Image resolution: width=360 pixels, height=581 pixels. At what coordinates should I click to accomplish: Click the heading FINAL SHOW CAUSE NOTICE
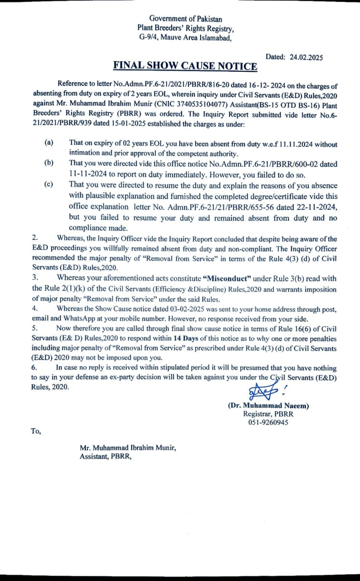point(185,66)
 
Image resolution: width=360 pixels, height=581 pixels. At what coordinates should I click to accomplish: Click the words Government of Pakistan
point(186,19)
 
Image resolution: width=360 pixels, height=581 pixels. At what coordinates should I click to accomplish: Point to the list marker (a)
point(49,143)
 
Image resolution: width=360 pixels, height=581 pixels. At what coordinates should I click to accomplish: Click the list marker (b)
point(49,162)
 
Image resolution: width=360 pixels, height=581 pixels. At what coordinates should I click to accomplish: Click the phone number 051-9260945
point(268,422)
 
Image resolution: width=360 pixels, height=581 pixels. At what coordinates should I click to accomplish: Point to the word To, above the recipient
point(36,431)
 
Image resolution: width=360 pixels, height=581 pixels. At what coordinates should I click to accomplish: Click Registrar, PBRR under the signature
point(268,414)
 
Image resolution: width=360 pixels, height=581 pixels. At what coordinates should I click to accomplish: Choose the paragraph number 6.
point(34,368)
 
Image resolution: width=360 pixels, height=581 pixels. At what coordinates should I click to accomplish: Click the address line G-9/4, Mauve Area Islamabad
point(186,38)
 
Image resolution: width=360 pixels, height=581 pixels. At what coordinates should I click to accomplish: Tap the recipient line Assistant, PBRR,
point(105,457)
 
